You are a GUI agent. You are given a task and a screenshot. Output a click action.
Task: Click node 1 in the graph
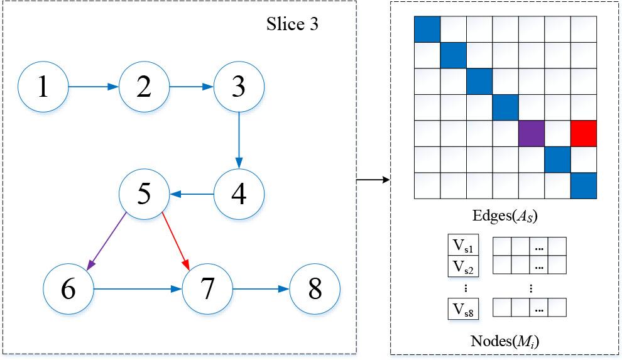pyautogui.click(x=43, y=87)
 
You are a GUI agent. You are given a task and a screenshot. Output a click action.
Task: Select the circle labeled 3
pyautogui.click(x=239, y=87)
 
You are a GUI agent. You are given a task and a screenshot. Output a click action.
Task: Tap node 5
pyautogui.click(x=145, y=194)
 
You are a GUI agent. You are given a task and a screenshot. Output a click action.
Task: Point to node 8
pyautogui.click(x=315, y=289)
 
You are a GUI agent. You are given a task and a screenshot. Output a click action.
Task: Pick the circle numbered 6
pyautogui.click(x=68, y=289)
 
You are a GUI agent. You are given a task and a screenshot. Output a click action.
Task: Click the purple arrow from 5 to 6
pyautogui.click(x=107, y=241)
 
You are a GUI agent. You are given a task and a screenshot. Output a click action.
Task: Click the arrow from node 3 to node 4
pyautogui.click(x=239, y=140)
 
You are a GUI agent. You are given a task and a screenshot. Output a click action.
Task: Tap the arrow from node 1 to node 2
pyautogui.click(x=94, y=87)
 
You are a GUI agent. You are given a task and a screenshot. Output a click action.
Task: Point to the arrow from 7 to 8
pyautogui.click(x=261, y=289)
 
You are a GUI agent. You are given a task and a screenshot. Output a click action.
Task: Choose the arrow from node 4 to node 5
pyautogui.click(x=192, y=194)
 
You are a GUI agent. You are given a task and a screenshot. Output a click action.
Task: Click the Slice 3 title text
pyautogui.click(x=292, y=24)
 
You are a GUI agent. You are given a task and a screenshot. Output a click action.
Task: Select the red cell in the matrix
pyautogui.click(x=584, y=134)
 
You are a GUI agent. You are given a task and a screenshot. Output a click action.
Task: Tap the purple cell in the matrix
pyautogui.click(x=532, y=134)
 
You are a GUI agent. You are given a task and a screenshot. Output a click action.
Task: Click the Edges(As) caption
pyautogui.click(x=505, y=216)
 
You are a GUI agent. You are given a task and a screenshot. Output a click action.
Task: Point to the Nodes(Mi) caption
pyautogui.click(x=505, y=341)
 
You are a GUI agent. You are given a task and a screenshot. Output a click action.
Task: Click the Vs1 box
pyautogui.click(x=463, y=245)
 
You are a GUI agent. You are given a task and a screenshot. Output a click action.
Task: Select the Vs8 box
pyautogui.click(x=463, y=309)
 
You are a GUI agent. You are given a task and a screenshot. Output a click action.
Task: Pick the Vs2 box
pyautogui.click(x=463, y=266)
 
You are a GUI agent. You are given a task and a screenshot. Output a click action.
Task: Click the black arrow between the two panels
pyautogui.click(x=373, y=180)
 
